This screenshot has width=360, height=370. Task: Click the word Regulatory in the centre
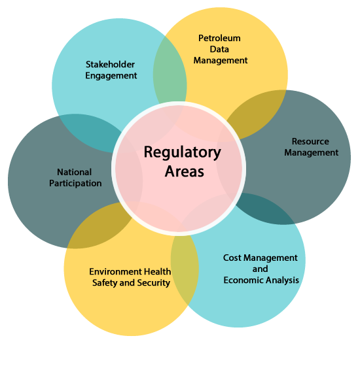[x=183, y=153]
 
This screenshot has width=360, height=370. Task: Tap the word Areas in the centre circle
[x=184, y=171]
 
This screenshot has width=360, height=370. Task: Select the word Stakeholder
[x=110, y=64]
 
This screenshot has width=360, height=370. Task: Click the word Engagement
[x=111, y=76]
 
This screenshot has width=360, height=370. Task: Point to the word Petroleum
[x=219, y=38]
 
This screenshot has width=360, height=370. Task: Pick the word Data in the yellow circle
[x=219, y=49]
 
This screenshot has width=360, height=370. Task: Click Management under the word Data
[x=221, y=61]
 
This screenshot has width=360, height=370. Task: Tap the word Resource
[x=310, y=141]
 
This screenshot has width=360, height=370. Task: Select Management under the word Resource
[x=312, y=153]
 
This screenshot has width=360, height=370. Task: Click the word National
[x=74, y=172]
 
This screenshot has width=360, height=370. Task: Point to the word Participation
[x=75, y=183]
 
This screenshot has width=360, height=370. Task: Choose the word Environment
[x=115, y=271]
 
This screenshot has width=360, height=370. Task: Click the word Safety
[x=105, y=283]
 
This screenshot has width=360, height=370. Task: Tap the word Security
[x=154, y=283]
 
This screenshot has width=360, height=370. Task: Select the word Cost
[x=232, y=258]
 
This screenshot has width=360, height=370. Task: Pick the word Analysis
[x=280, y=280]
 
